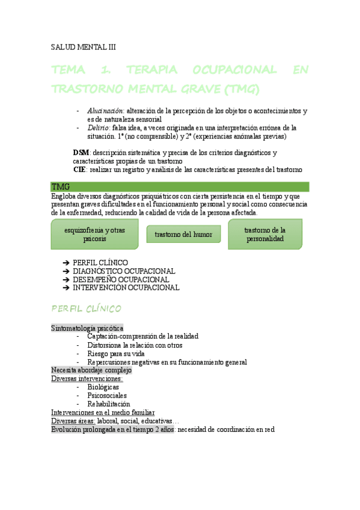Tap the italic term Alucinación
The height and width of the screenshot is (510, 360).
tap(105, 111)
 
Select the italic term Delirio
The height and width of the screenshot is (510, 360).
tap(98, 127)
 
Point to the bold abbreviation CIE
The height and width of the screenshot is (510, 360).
tap(79, 170)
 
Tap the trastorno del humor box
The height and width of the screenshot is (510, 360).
tap(183, 234)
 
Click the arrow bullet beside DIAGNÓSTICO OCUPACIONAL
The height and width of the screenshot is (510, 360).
tap(66, 271)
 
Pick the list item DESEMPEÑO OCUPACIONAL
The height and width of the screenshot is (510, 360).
tap(121, 280)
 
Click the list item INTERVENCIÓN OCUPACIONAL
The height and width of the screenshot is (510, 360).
tap(126, 287)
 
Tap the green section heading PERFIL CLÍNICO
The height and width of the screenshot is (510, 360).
tap(87, 309)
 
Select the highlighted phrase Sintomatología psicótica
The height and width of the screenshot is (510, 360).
tap(87, 328)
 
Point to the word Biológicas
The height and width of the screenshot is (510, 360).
tap(103, 387)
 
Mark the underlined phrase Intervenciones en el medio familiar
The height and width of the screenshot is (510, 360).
tap(103, 413)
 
